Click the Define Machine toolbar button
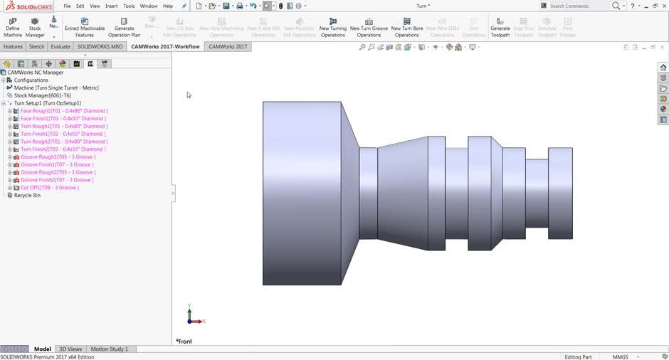13,27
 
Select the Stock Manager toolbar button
35,27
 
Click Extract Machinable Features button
84,27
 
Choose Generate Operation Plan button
124,27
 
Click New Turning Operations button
332,27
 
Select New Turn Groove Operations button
369,27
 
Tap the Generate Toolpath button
500,27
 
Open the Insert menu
112,6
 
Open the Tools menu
129,6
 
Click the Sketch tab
36,47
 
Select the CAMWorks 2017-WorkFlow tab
165,47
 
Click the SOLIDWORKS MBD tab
100,47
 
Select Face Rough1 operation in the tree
63,111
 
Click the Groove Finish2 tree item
56,180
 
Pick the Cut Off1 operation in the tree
49,188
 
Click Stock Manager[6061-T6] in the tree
42,95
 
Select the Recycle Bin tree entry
27,195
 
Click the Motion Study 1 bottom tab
109,349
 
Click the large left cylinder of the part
301,192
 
